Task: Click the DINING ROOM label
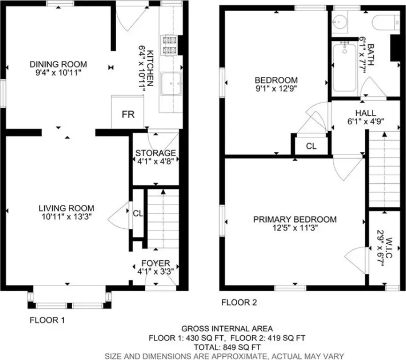[58, 64]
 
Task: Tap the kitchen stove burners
[169, 45]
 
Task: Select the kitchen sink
[171, 83]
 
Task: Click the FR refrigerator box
[128, 112]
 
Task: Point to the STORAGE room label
[156, 153]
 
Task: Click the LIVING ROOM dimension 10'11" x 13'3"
[67, 217]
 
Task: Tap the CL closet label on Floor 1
[138, 213]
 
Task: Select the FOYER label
[156, 263]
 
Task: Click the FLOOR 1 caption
[47, 320]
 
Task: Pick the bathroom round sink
[338, 22]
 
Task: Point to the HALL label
[366, 113]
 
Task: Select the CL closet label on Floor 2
[311, 146]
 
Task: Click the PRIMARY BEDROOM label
[295, 219]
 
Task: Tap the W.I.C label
[389, 248]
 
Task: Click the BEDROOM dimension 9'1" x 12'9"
[276, 89]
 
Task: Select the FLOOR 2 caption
[239, 302]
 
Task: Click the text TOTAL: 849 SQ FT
[227, 347]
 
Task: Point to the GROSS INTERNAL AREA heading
[227, 329]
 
